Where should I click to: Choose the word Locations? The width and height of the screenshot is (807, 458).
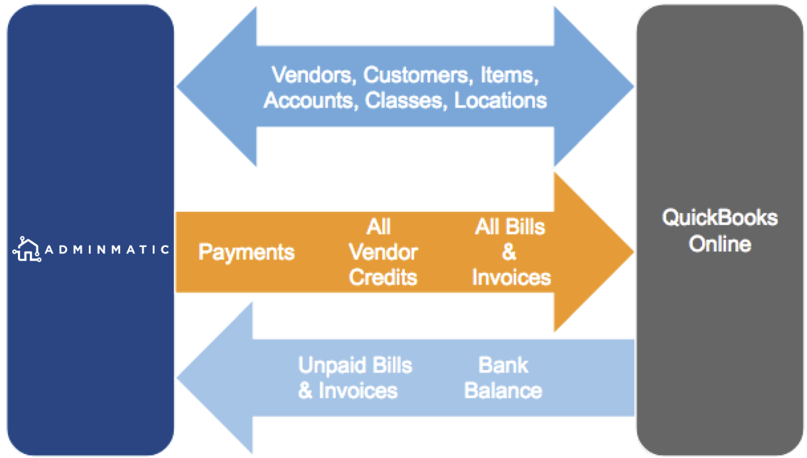[500, 100]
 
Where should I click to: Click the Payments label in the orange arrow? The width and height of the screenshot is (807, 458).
[246, 252]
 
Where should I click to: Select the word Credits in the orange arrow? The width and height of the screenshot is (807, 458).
[383, 277]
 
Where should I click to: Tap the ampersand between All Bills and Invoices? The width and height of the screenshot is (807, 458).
[509, 252]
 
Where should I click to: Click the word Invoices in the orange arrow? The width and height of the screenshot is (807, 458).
[511, 277]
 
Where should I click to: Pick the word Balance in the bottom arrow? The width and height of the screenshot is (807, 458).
[503, 390]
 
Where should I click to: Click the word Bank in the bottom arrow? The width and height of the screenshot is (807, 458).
[503, 365]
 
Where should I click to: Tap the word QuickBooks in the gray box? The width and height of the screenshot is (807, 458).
[720, 218]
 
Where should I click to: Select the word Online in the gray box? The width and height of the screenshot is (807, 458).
[720, 244]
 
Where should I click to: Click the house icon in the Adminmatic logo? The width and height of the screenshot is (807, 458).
[27, 249]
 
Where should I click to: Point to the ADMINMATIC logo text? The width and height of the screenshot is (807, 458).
[107, 250]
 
